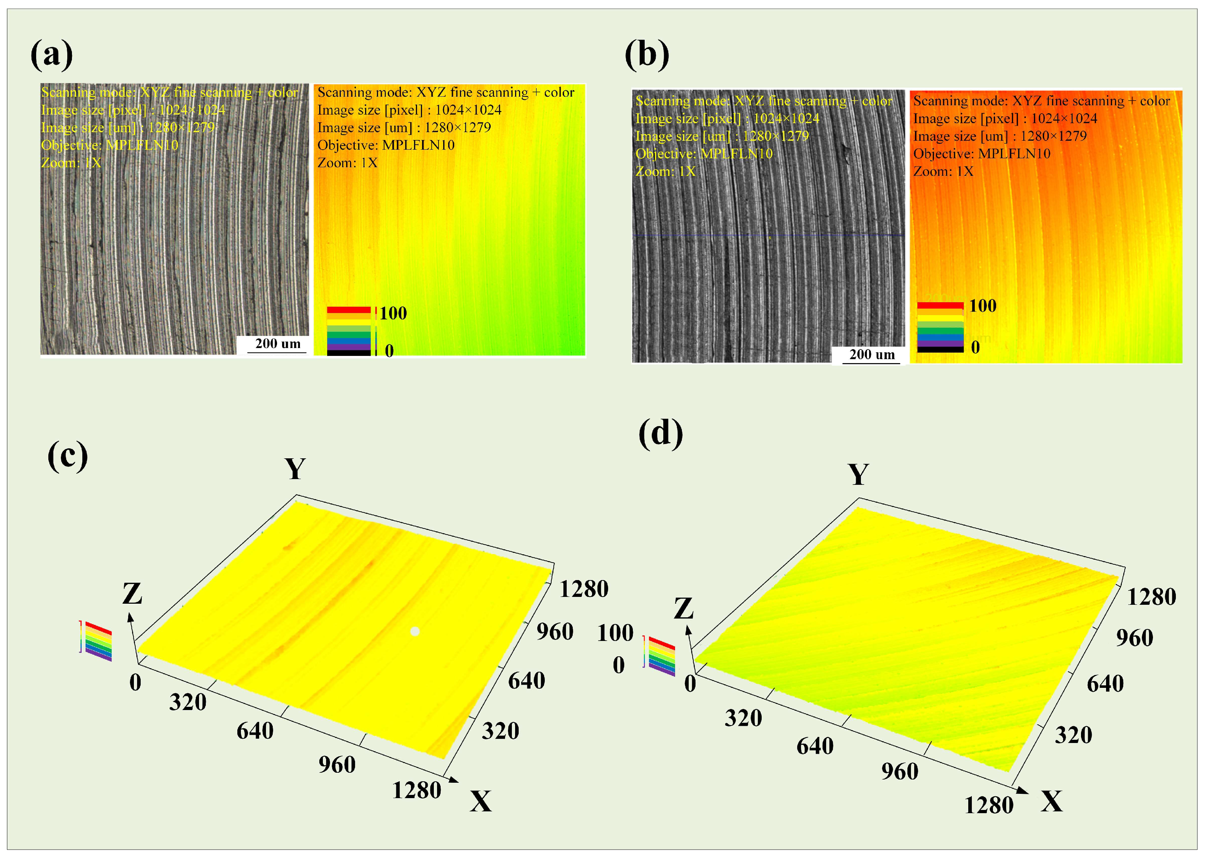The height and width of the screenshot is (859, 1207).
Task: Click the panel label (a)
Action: (51, 54)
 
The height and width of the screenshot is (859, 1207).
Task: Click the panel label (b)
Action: (646, 54)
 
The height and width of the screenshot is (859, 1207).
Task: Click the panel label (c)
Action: (67, 455)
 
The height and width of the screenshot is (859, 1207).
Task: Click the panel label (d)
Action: (660, 433)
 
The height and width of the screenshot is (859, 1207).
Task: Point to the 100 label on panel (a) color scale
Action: (393, 313)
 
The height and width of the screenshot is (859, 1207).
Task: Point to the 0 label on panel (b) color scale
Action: (975, 348)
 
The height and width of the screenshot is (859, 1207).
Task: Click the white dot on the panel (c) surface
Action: (415, 631)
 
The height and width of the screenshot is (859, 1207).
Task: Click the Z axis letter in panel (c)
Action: (132, 593)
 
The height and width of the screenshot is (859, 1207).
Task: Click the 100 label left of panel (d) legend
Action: (615, 633)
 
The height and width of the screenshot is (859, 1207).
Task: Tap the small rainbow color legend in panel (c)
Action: (98, 641)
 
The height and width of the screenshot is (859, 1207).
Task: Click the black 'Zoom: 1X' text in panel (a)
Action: (347, 163)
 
